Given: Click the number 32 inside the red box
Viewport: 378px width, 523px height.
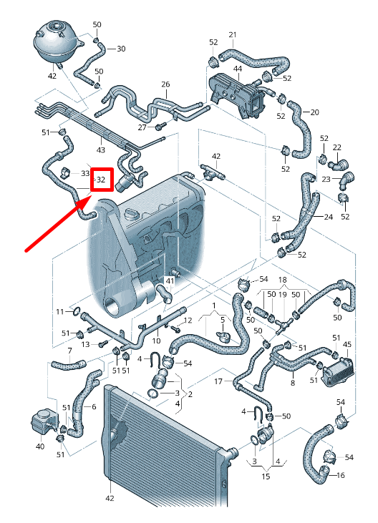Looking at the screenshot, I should (x=101, y=180).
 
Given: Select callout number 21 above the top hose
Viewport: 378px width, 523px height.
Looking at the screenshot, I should (x=232, y=35).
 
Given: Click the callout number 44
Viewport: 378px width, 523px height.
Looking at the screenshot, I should (x=237, y=68).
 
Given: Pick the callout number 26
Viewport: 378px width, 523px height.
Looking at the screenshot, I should (x=165, y=84).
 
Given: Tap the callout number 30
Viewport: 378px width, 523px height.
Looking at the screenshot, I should (x=121, y=49).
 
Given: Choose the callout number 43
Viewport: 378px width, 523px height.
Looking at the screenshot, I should (x=101, y=150).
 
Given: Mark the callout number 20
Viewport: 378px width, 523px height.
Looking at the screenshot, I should (x=314, y=112).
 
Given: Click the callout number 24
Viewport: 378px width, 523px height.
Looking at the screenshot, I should (x=329, y=217).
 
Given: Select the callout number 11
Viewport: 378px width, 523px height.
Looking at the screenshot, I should (x=61, y=311).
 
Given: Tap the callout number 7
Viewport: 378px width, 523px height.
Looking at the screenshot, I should (x=69, y=351).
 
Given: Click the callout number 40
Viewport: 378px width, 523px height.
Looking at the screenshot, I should (x=39, y=446).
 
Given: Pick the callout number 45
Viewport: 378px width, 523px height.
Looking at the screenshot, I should (x=347, y=345).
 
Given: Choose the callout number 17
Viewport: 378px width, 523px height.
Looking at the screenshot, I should (x=219, y=381).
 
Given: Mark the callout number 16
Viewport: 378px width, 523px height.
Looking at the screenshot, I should (x=340, y=475).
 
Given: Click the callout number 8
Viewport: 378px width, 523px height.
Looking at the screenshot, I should (x=292, y=383).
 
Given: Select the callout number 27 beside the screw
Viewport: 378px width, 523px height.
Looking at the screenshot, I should (x=142, y=127).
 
